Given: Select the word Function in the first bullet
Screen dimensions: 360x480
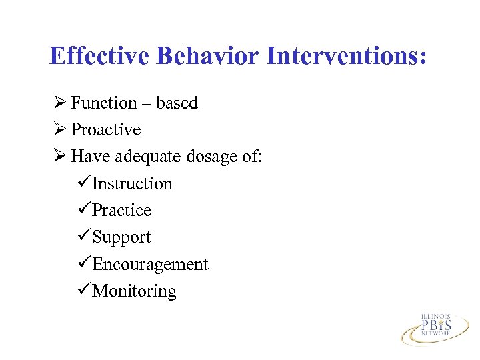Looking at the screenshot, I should click(103, 103).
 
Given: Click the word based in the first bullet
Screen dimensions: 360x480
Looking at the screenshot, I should click(177, 103).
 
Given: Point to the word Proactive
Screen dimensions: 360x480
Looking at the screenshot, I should click(105, 129).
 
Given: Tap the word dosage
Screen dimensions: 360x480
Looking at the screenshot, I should click(212, 157).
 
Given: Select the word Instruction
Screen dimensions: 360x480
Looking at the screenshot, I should click(132, 183).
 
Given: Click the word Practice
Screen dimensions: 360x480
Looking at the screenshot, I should click(121, 210).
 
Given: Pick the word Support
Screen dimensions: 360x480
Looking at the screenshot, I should click(121, 237).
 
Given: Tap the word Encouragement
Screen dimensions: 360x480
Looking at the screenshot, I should click(150, 264).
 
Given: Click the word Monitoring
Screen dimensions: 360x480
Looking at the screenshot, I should click(134, 291).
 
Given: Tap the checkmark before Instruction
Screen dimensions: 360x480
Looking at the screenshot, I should click(84, 183).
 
